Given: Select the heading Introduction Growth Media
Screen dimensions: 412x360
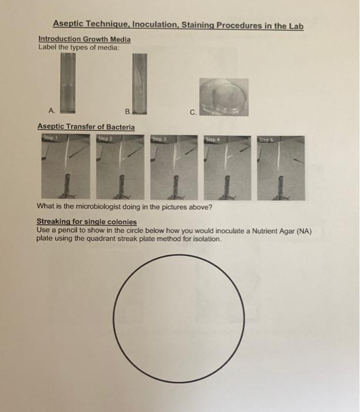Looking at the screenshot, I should tap(84, 39).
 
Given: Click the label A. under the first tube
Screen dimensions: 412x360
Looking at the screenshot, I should tap(52, 109).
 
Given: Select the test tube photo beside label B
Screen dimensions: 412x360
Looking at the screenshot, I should tap(138, 83).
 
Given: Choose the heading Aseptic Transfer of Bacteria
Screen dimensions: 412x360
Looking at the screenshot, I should tap(86, 127).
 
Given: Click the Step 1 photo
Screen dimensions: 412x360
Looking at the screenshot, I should tap(65, 167).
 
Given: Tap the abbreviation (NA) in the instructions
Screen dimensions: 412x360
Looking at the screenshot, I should tap(300, 231).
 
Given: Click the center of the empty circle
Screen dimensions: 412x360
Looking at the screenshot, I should tap(180, 314).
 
